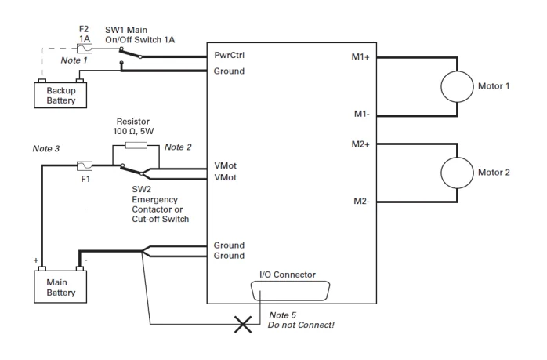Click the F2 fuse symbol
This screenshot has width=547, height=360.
tap(84, 49)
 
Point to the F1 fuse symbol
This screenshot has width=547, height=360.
tap(85, 165)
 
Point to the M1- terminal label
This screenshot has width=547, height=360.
tap(361, 115)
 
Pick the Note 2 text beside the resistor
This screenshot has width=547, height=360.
tap(179, 147)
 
